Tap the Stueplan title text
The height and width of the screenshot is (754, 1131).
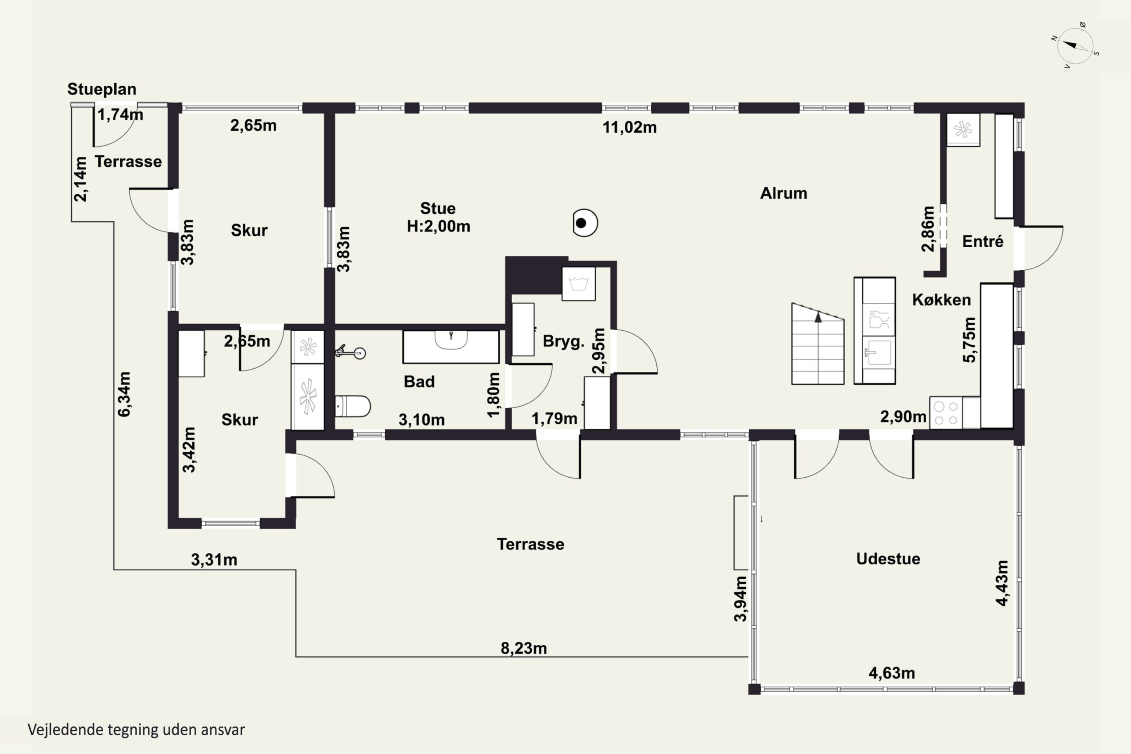[x=102, y=89]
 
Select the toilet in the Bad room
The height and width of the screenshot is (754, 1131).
[x=352, y=406]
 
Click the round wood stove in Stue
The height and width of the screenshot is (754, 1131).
[x=585, y=223]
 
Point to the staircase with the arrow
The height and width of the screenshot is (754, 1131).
[x=817, y=344]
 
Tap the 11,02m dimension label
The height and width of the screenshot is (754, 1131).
[x=630, y=127]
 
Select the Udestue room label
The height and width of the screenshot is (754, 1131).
[x=888, y=559]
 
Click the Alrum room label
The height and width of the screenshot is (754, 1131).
[x=783, y=193]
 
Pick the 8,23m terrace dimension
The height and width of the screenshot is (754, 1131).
[x=524, y=648]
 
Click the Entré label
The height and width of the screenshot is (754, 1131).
[x=982, y=241]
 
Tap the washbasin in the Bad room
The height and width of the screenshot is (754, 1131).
[x=451, y=340]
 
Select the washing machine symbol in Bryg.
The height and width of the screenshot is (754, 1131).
[x=578, y=284]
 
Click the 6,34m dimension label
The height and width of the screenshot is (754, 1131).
[x=124, y=394]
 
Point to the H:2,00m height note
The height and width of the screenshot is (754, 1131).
[x=438, y=226]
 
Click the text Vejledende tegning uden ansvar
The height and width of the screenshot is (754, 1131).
[x=136, y=729]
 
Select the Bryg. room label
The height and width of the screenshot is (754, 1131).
[x=564, y=342]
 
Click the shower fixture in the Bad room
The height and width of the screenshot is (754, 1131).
[x=350, y=352]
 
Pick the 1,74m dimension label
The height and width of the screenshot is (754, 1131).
[x=120, y=115]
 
